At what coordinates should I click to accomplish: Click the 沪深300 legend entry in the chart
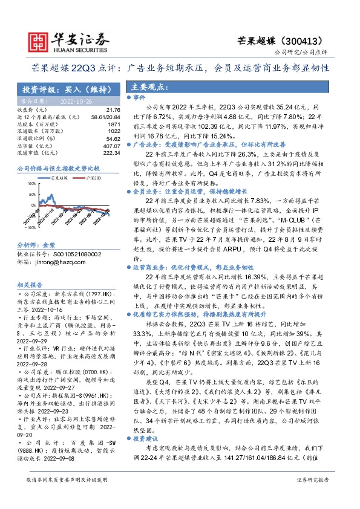click(91, 178)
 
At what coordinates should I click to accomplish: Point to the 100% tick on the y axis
click(28, 181)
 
